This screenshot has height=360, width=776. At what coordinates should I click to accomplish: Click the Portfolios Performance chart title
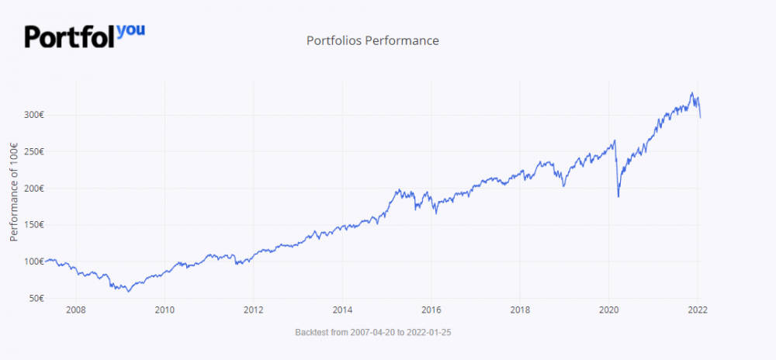click(x=372, y=40)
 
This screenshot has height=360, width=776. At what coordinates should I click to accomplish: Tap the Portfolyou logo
click(x=85, y=36)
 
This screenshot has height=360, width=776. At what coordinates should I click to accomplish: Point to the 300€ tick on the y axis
click(x=33, y=115)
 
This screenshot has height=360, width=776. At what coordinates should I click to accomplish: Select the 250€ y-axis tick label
click(x=33, y=151)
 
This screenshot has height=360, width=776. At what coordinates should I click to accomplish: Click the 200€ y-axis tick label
click(x=33, y=189)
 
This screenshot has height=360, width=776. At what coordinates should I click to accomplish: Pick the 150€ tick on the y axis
click(x=33, y=225)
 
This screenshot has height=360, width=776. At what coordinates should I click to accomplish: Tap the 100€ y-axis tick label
click(x=33, y=261)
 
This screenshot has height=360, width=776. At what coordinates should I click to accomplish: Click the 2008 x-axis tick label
click(x=76, y=310)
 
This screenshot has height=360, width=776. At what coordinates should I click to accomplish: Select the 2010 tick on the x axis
click(x=165, y=310)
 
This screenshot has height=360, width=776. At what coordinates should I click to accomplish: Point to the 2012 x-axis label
click(x=254, y=310)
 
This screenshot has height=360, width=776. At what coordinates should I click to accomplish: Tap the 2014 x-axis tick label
click(x=343, y=310)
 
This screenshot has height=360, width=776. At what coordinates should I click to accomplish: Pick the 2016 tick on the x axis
click(x=431, y=310)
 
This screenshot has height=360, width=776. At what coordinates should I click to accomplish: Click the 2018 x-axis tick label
click(x=521, y=310)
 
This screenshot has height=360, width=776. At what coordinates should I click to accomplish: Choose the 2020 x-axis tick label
click(x=609, y=310)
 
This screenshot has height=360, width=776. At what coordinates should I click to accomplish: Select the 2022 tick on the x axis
click(x=698, y=310)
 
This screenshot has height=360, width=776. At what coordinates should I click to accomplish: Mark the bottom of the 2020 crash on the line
click(x=618, y=196)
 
